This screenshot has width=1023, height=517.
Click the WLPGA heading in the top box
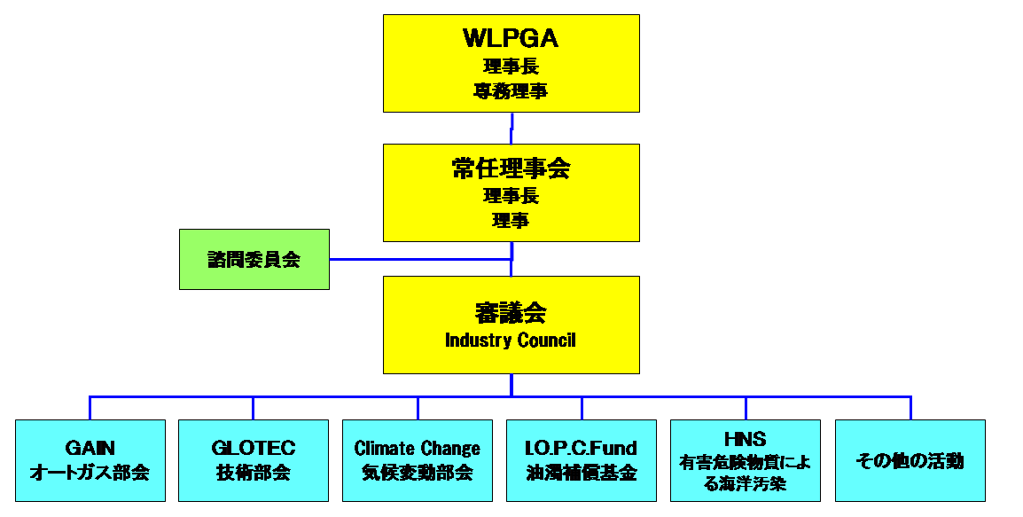click(x=511, y=38)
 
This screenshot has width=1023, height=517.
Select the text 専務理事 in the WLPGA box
click(x=511, y=90)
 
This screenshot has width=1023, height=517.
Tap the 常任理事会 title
click(x=511, y=168)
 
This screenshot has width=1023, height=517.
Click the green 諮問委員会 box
click(x=254, y=259)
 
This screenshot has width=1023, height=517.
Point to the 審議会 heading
click(x=511, y=313)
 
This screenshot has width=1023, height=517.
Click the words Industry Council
click(x=511, y=341)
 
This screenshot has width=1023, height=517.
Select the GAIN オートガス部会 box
click(x=90, y=460)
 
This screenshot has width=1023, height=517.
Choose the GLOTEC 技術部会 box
click(x=254, y=460)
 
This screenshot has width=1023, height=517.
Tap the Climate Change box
click(x=418, y=460)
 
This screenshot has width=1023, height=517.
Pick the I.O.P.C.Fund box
click(x=582, y=460)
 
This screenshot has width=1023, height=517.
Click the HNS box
click(x=746, y=460)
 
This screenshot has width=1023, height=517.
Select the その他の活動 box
click(x=910, y=460)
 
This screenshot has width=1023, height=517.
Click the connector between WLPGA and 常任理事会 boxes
click(x=511, y=128)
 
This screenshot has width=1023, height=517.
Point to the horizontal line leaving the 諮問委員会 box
click(x=417, y=259)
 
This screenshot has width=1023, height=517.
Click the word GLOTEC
click(x=254, y=449)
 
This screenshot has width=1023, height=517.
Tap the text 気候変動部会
click(x=418, y=473)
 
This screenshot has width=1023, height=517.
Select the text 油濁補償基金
click(x=582, y=473)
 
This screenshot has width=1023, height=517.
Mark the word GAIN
click(x=90, y=449)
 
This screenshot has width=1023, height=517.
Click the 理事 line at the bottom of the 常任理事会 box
click(x=511, y=221)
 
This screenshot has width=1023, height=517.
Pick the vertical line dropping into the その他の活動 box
click(x=910, y=408)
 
